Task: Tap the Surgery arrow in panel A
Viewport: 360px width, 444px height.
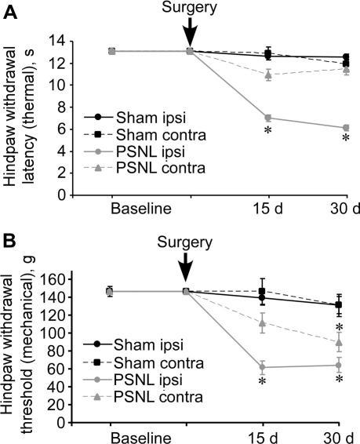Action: point(190,35)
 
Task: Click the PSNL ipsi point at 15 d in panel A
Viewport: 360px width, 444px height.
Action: point(268,118)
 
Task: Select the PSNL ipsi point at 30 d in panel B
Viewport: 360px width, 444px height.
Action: point(339,365)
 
